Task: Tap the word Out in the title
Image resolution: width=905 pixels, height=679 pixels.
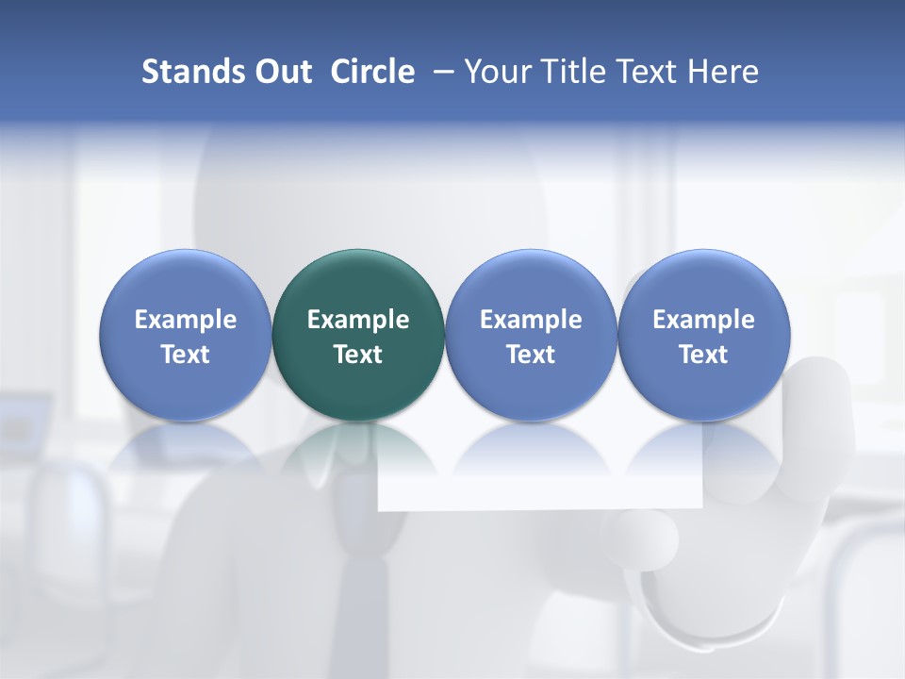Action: [281, 72]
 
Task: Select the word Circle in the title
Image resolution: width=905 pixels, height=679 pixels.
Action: [372, 72]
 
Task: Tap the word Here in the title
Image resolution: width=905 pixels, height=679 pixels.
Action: [723, 72]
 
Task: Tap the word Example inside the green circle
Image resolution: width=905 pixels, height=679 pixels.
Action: [358, 320]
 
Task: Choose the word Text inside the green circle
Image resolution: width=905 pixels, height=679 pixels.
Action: [358, 355]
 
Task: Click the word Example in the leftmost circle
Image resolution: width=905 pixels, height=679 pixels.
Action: [185, 320]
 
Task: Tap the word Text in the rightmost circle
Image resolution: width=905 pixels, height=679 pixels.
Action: [703, 355]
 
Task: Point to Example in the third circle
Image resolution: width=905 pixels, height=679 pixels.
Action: [531, 320]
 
